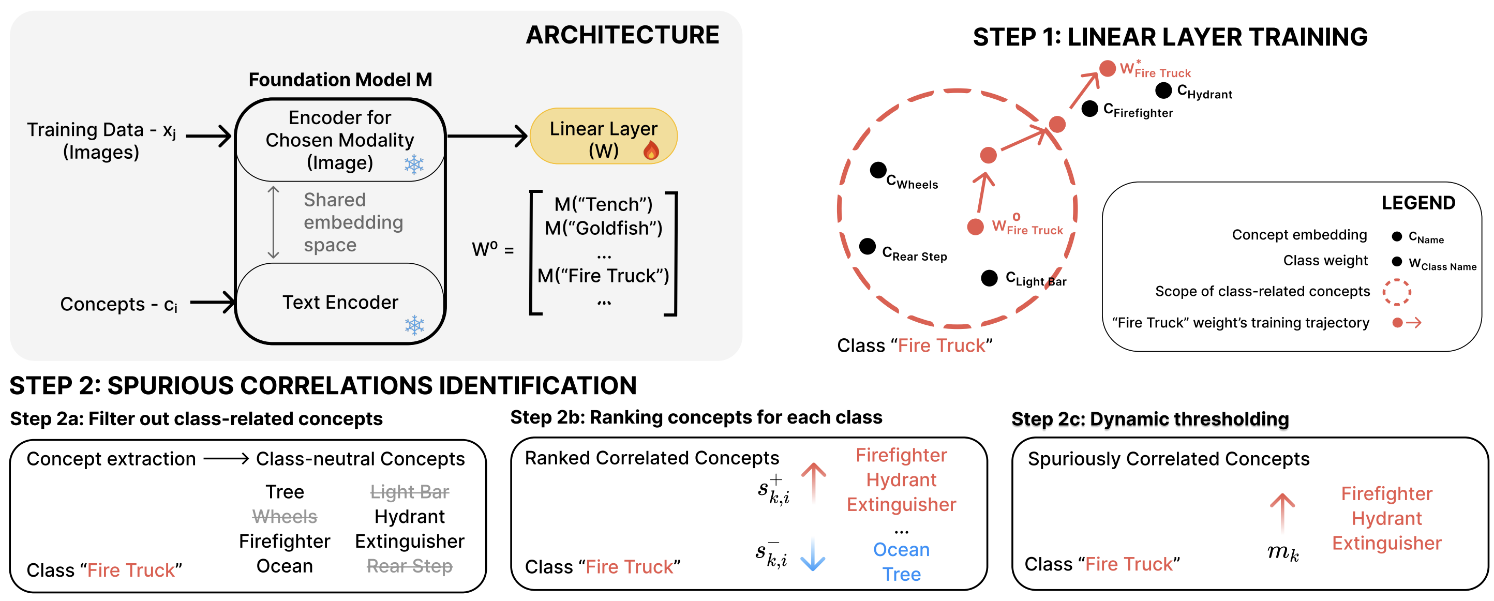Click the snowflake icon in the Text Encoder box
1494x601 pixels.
click(x=414, y=325)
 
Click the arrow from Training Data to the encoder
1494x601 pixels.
click(x=207, y=137)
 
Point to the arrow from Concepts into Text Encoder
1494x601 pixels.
click(x=212, y=302)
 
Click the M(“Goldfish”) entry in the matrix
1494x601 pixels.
click(x=603, y=228)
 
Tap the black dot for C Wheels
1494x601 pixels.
click(x=878, y=170)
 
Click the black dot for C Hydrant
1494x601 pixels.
click(x=1163, y=91)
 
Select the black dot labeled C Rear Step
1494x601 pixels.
click(x=867, y=246)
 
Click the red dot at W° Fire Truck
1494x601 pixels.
click(x=976, y=227)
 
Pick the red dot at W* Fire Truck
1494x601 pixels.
click(x=1108, y=68)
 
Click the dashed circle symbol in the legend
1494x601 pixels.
click(x=1397, y=292)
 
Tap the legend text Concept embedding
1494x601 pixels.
click(x=1299, y=235)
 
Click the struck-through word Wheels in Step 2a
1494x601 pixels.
click(x=285, y=516)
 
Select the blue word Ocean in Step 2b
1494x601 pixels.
click(x=901, y=549)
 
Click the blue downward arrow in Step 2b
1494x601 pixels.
click(x=813, y=554)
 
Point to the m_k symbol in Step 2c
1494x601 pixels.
click(x=1283, y=552)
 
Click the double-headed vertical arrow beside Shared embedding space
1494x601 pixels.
click(x=273, y=222)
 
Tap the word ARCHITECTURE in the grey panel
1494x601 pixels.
click(x=622, y=35)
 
